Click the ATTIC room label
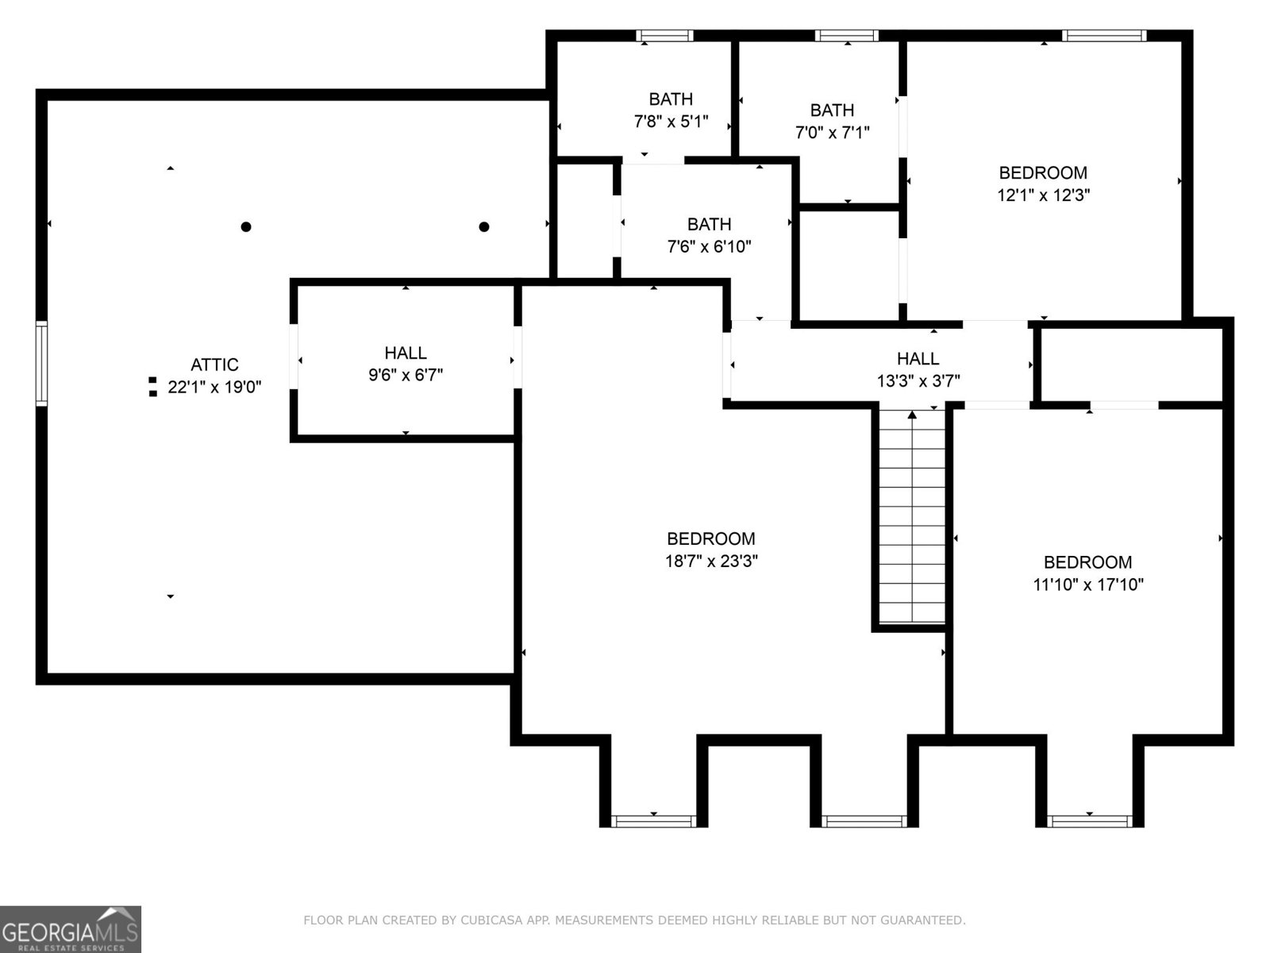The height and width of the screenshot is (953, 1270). pos(214,365)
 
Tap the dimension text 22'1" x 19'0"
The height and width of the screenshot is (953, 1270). pos(214,388)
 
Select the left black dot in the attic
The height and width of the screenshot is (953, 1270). pos(246,227)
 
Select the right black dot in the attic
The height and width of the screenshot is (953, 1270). pos(484,227)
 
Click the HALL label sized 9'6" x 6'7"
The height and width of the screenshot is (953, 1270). pos(406,353)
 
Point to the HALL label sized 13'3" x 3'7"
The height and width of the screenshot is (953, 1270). pos(918,359)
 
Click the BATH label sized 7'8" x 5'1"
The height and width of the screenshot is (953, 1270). pos(671,99)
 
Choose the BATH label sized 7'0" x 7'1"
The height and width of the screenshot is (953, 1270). pos(832,110)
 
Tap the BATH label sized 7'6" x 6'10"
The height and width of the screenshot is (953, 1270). pos(709,225)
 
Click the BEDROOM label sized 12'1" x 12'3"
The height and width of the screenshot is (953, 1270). pos(1043,173)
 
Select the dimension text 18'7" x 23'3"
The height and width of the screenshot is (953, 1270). pos(711,561)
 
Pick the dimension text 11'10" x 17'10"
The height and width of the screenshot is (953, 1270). pos(1087,585)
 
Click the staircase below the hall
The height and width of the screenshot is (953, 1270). pos(912,516)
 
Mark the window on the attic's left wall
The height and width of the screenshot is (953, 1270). pos(41,364)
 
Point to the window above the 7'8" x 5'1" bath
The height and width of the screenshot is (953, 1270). pos(665,36)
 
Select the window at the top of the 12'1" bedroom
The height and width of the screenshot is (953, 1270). pos(1104,36)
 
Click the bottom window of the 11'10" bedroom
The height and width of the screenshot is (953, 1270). pos(1090,821)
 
